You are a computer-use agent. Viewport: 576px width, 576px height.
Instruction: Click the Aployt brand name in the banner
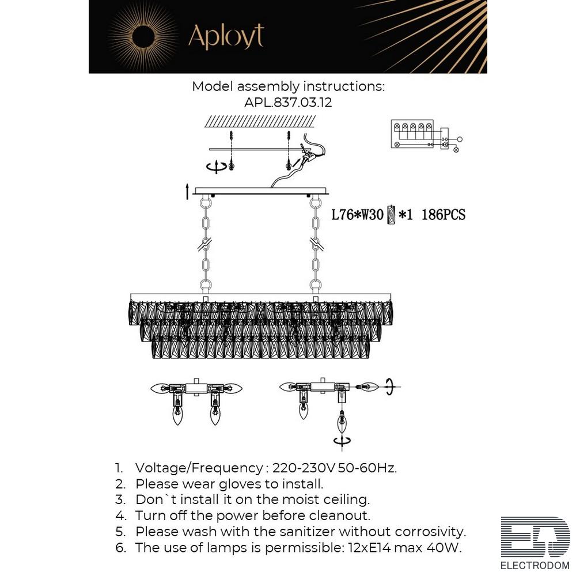coord(226,37)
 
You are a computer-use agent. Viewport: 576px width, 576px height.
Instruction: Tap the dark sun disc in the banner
coord(143,37)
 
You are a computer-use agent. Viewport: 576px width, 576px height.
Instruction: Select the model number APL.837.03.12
coord(288,102)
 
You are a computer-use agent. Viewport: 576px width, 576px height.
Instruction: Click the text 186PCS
coord(444,214)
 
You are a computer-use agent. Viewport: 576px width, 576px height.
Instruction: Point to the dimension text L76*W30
coord(358,214)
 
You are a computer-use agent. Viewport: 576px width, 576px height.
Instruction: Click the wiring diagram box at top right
coord(412,134)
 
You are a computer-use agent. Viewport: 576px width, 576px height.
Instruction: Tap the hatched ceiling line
coord(260,121)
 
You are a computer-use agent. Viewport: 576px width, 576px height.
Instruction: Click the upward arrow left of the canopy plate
coord(187,191)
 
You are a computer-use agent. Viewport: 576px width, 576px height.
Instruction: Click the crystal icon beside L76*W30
coord(391,214)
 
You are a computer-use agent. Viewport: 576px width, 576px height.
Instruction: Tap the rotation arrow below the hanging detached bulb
coord(342,441)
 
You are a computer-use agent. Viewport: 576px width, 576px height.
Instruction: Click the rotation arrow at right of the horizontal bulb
coord(390,387)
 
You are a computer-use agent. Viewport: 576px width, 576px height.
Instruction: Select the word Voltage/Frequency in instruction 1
coord(199,468)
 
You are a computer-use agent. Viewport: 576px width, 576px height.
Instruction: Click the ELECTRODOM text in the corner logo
coord(535,566)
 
